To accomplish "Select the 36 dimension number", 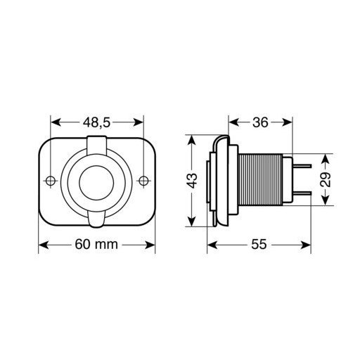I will tap(260, 122).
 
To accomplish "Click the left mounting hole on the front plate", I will tap(51, 181).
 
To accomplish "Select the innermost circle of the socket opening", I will tap(97, 181).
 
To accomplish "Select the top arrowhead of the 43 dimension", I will tap(191, 138).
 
